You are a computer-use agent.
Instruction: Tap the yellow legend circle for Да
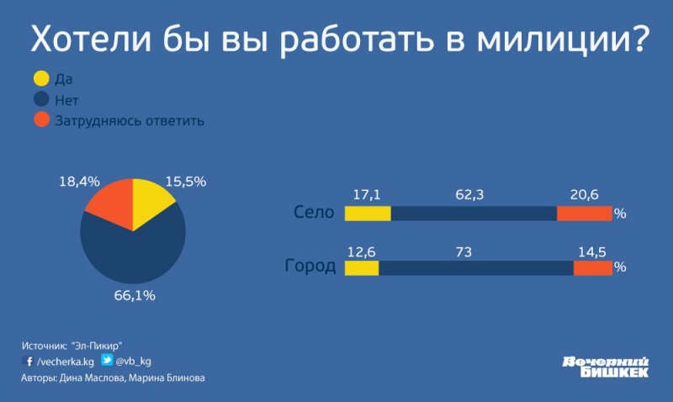click(x=40, y=80)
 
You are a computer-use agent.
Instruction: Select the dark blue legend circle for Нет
click(x=40, y=100)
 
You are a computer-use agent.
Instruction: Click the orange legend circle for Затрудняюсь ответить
click(x=40, y=120)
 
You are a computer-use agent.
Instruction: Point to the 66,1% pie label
click(x=135, y=295)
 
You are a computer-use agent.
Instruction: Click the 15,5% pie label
click(x=186, y=180)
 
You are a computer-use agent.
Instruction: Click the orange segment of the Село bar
click(x=584, y=213)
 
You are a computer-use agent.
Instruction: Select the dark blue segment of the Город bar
click(x=475, y=268)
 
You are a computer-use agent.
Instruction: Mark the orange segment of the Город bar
click(x=592, y=268)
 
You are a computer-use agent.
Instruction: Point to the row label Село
click(x=315, y=213)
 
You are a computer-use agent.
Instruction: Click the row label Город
click(x=310, y=267)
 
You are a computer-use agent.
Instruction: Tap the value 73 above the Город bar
click(x=476, y=250)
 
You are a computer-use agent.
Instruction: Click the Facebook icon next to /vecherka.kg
click(x=28, y=361)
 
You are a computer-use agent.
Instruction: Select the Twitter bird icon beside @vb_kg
click(x=107, y=360)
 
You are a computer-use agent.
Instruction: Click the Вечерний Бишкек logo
click(x=605, y=365)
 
